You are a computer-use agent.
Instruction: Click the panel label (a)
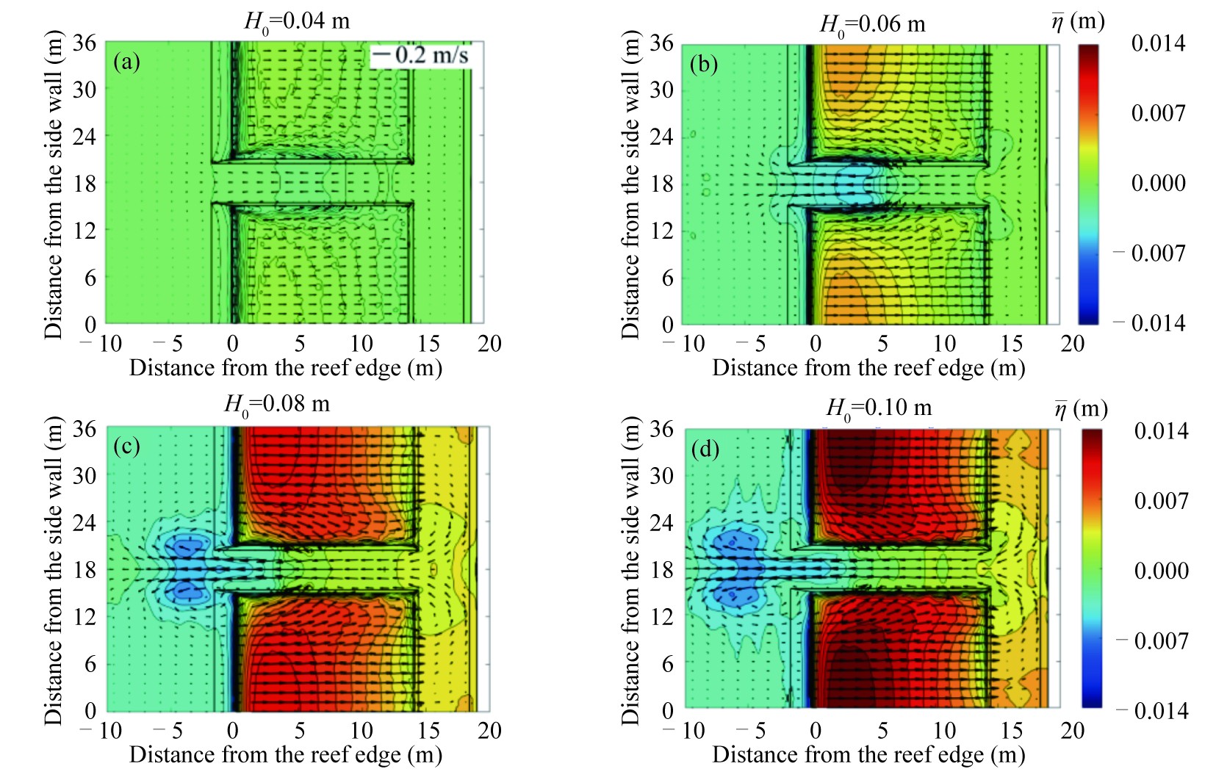(x=126, y=62)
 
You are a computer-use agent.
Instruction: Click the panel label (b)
(x=703, y=65)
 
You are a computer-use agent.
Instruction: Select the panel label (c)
(x=126, y=447)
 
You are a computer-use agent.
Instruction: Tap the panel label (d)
(x=705, y=449)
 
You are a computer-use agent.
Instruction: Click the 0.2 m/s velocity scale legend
(x=420, y=55)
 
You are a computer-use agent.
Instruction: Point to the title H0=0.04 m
(x=297, y=21)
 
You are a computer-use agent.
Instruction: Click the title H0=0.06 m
(x=872, y=25)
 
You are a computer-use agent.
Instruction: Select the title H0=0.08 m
(x=277, y=405)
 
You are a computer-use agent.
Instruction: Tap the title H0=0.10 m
(x=879, y=408)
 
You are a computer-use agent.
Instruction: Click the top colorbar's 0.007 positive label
(x=1158, y=113)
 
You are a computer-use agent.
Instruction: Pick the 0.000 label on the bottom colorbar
(x=1161, y=571)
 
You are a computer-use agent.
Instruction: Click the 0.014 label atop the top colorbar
(x=1158, y=43)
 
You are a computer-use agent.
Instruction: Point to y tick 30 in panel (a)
(x=84, y=90)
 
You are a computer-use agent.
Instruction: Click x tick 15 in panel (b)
(x=1011, y=344)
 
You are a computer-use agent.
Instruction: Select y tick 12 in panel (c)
(x=84, y=616)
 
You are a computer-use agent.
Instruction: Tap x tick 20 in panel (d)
(x=1072, y=731)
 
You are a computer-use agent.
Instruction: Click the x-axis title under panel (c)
(x=286, y=755)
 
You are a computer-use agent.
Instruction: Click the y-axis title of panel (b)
(x=630, y=184)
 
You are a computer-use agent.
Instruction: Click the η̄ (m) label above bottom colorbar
(x=1080, y=410)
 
